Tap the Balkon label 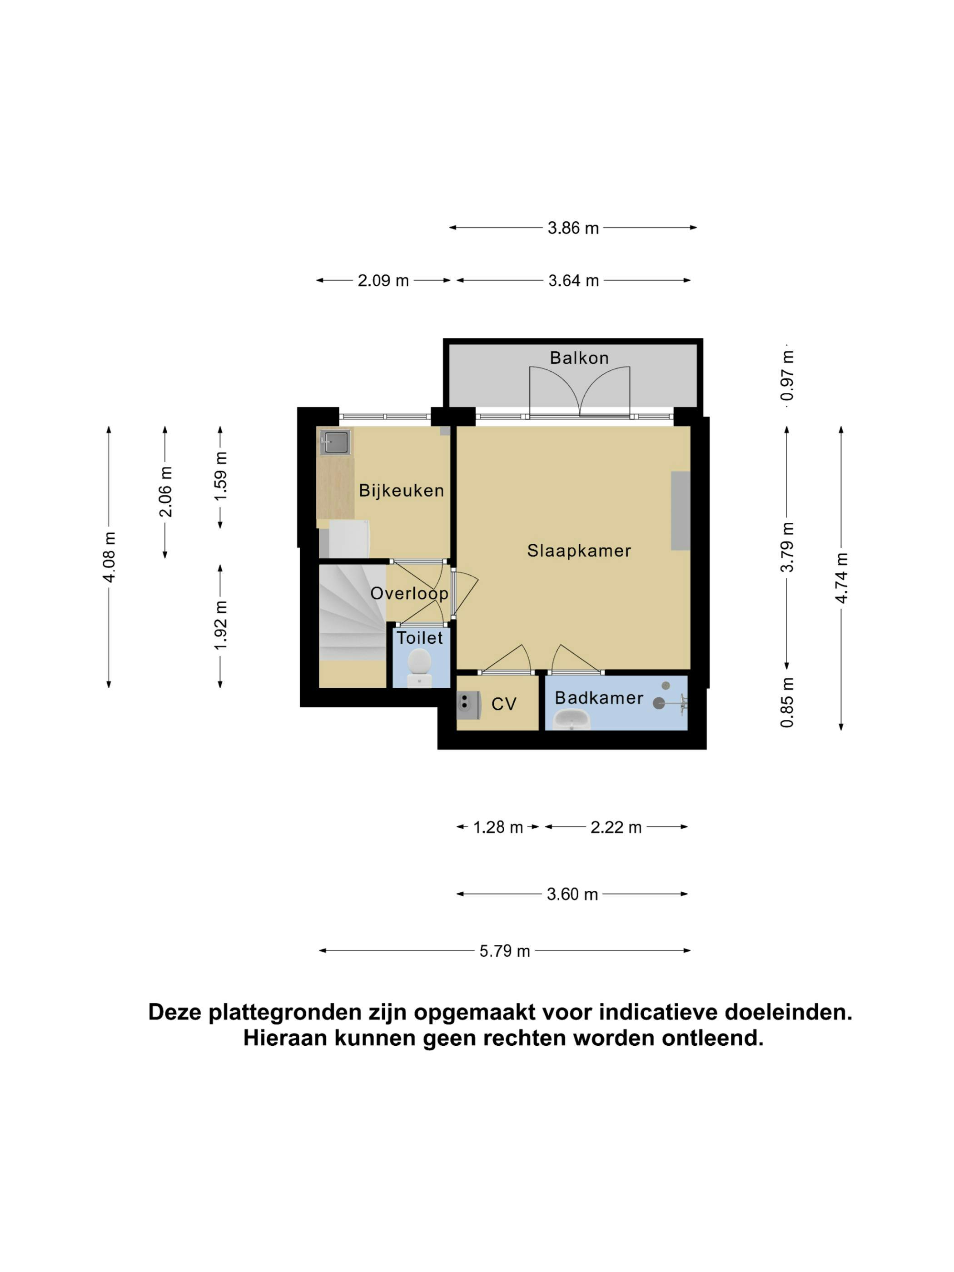tap(579, 358)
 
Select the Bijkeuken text tap(402, 491)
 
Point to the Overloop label tap(409, 593)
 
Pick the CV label tap(504, 704)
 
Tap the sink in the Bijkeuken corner tap(335, 442)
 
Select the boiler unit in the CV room tap(469, 706)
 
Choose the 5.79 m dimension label tap(504, 950)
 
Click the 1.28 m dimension tap(498, 827)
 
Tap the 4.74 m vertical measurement tap(841, 578)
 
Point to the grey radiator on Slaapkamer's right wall tap(680, 511)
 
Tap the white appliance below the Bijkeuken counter tap(348, 538)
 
